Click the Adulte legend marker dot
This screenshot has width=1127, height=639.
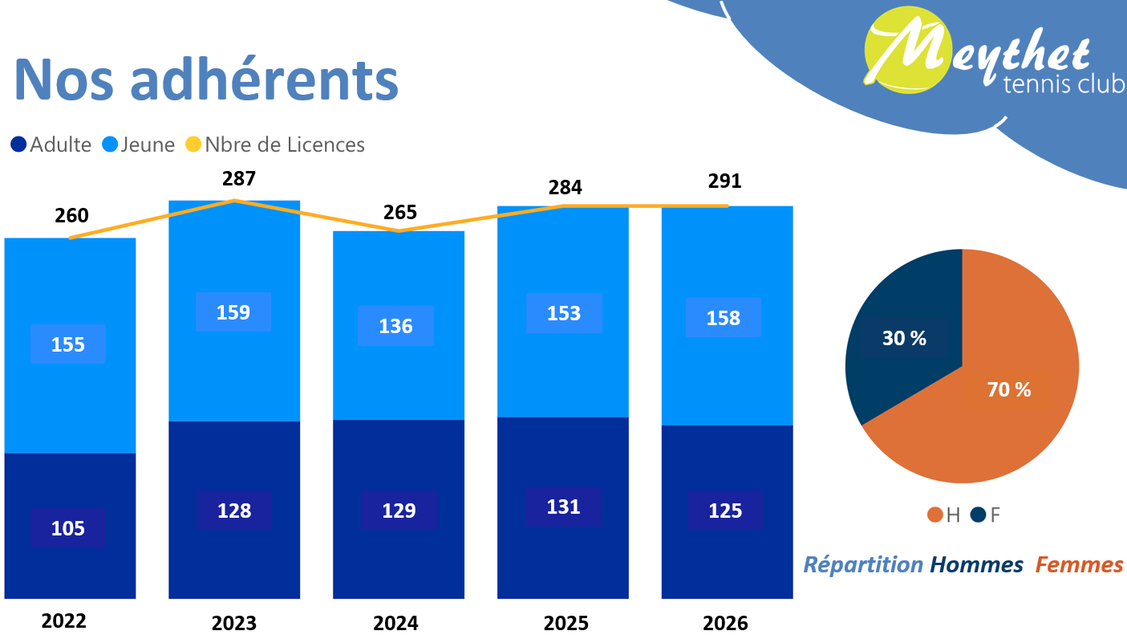point(19,145)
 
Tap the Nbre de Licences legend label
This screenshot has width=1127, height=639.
point(285,145)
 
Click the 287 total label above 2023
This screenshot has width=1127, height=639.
point(239,179)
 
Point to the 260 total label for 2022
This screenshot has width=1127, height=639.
point(71,216)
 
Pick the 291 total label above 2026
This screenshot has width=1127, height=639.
point(725,181)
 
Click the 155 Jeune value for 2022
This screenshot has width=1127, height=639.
point(68,344)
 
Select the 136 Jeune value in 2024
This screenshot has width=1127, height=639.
point(396,326)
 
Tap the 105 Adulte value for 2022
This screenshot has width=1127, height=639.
point(68,528)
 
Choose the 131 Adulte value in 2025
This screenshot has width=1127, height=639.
point(564,507)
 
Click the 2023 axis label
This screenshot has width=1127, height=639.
point(234,623)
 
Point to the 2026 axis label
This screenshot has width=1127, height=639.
point(725,623)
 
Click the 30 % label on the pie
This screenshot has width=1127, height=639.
point(905,339)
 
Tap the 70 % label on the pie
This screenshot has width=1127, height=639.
point(1009,390)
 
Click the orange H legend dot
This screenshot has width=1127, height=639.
point(934,515)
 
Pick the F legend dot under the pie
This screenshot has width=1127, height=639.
point(978,515)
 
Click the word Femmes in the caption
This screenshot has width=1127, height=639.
point(1079,565)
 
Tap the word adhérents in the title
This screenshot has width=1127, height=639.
point(265,79)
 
